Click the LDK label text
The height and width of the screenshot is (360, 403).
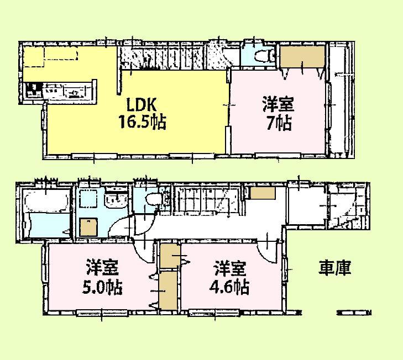pos(143,104)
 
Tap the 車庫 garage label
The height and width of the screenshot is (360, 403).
pos(334,268)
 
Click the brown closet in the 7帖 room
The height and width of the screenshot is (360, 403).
pos(302,56)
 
